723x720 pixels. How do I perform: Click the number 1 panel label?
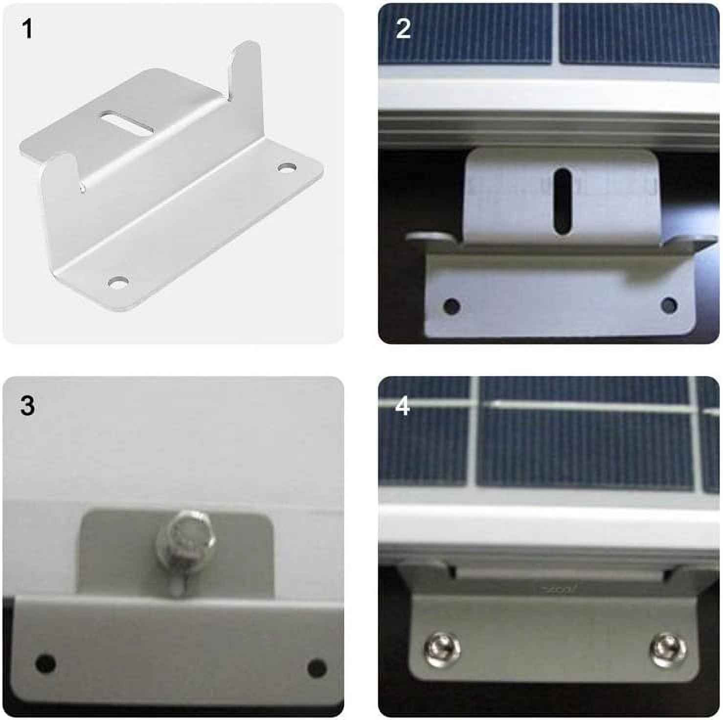pos(27,29)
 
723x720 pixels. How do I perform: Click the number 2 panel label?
pos(403,29)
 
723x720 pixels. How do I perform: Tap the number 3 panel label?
pos(27,405)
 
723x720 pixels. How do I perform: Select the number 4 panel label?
pos(403,405)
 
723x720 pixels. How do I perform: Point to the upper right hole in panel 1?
pos(287,168)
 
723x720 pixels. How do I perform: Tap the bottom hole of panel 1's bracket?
pos(118,282)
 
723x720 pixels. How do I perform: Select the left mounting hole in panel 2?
pos(452,307)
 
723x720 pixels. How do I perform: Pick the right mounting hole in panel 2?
pos(669,306)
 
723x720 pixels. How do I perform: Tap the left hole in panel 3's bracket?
pos(46,663)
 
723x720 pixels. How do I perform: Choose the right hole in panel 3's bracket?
pos(317,668)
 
